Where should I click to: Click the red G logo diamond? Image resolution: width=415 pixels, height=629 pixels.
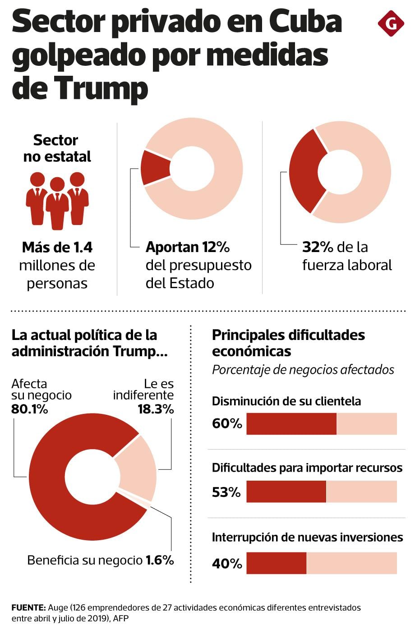click(x=391, y=23)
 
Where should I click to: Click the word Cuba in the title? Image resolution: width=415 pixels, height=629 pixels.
click(x=305, y=21)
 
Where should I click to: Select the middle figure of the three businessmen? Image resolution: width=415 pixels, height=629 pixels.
click(x=57, y=203)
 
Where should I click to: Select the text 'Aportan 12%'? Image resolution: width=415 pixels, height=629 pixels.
click(x=188, y=247)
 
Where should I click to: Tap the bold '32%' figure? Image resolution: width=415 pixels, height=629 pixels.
click(x=318, y=247)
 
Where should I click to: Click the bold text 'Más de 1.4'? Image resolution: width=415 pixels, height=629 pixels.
click(x=57, y=247)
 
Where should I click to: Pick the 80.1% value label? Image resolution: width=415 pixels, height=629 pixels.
click(x=30, y=409)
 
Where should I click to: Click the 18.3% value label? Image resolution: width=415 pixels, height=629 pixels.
click(x=156, y=409)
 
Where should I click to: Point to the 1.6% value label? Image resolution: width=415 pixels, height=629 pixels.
click(x=160, y=560)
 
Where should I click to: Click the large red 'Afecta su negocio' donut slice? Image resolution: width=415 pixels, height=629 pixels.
click(x=54, y=487)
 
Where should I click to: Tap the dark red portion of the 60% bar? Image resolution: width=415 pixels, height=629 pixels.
click(x=291, y=424)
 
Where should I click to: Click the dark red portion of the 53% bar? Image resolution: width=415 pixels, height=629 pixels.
click(x=286, y=491)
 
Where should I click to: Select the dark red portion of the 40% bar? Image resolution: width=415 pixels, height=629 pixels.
click(x=277, y=563)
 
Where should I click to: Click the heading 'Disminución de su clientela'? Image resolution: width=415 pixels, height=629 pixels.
click(x=286, y=401)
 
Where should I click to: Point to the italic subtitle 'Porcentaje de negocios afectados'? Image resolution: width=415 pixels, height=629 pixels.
click(x=303, y=370)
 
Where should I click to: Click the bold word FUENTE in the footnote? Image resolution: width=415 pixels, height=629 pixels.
click(x=28, y=607)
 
